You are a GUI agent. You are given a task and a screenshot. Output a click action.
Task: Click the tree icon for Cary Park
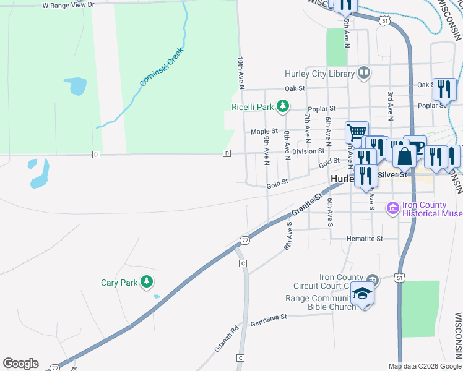(147, 283)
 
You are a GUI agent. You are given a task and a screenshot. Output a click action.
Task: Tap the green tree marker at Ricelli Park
(283, 107)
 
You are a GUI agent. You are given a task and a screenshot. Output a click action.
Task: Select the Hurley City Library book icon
(364, 74)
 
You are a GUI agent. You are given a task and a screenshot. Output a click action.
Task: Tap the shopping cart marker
(356, 132)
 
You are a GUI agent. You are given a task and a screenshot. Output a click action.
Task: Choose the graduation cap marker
(362, 293)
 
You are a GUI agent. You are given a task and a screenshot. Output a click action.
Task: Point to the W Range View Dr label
(68, 5)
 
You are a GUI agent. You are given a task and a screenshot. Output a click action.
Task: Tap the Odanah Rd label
(226, 339)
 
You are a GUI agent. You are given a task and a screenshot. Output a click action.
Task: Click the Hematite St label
(365, 238)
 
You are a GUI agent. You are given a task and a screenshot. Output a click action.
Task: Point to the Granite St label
(308, 207)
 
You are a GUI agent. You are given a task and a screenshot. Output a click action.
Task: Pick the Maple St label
(264, 132)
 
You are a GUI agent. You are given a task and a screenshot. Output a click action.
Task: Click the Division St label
(308, 151)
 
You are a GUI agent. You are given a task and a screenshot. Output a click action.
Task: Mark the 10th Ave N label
(241, 71)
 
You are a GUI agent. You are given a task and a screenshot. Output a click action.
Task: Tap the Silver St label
(394, 175)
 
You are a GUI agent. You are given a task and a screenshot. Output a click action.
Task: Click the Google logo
(20, 364)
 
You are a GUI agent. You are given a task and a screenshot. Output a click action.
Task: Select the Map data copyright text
(424, 366)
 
